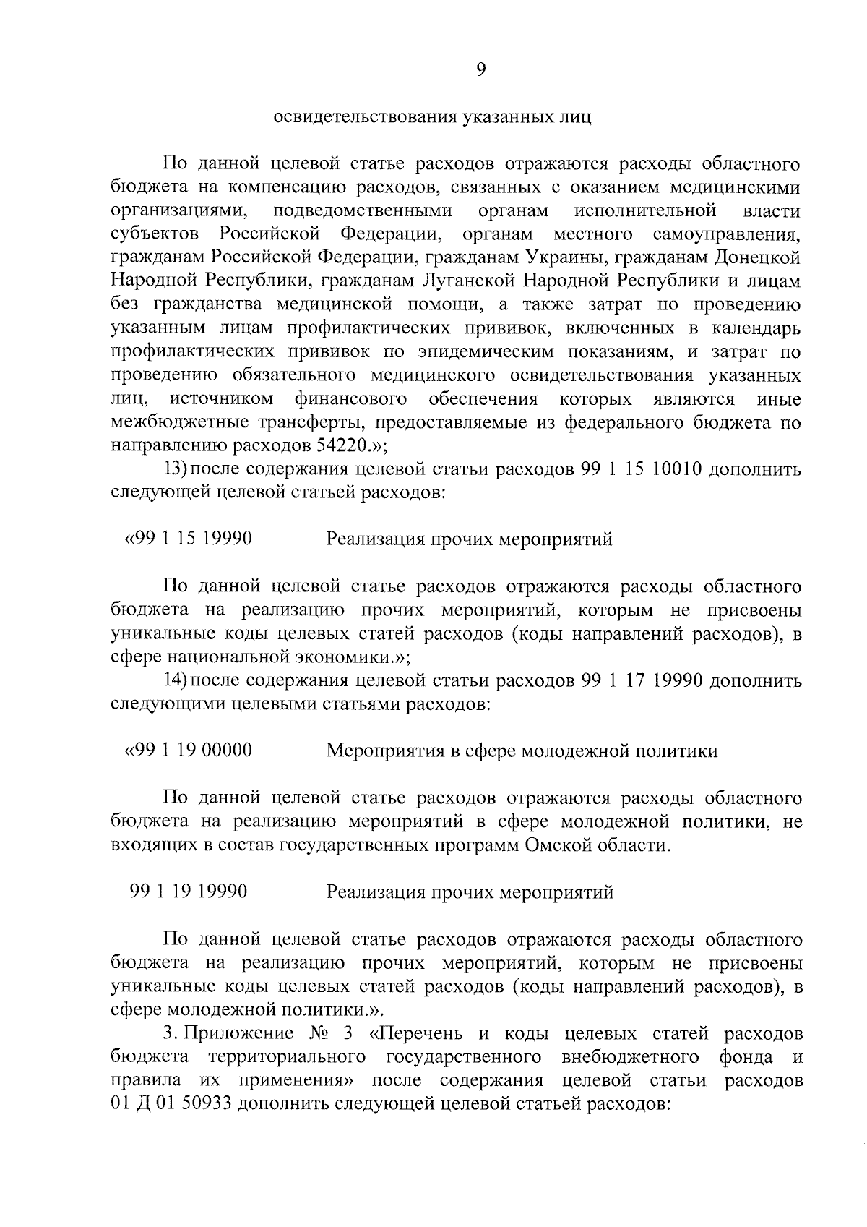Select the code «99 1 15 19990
[x=189, y=539]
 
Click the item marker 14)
[x=177, y=681]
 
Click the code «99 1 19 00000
[x=189, y=751]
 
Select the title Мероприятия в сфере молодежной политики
[x=522, y=751]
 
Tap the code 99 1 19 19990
[x=189, y=892]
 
